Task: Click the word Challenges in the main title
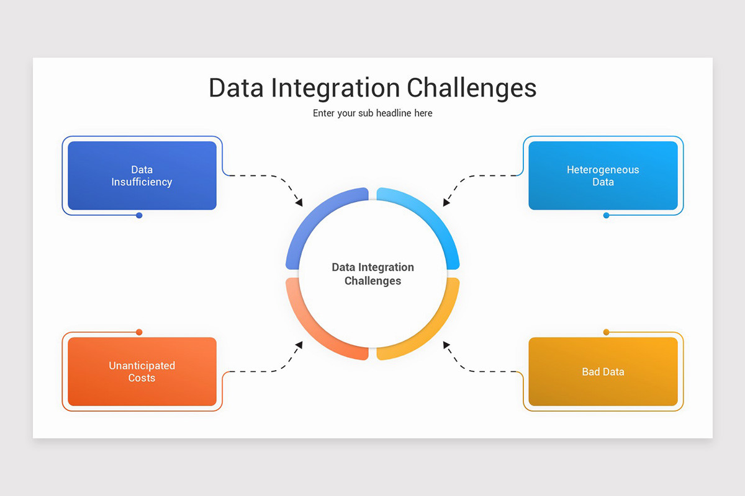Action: (471, 88)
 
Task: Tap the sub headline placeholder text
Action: (372, 113)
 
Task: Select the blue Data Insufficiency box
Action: (142, 175)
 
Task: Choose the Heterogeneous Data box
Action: (603, 175)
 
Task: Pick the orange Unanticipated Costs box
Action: (142, 371)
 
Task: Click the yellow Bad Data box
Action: (603, 371)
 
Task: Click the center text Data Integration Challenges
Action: (372, 274)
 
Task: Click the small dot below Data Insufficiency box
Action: (139, 215)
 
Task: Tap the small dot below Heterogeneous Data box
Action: (606, 215)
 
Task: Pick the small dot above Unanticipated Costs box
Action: (139, 332)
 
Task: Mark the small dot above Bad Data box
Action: (606, 332)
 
